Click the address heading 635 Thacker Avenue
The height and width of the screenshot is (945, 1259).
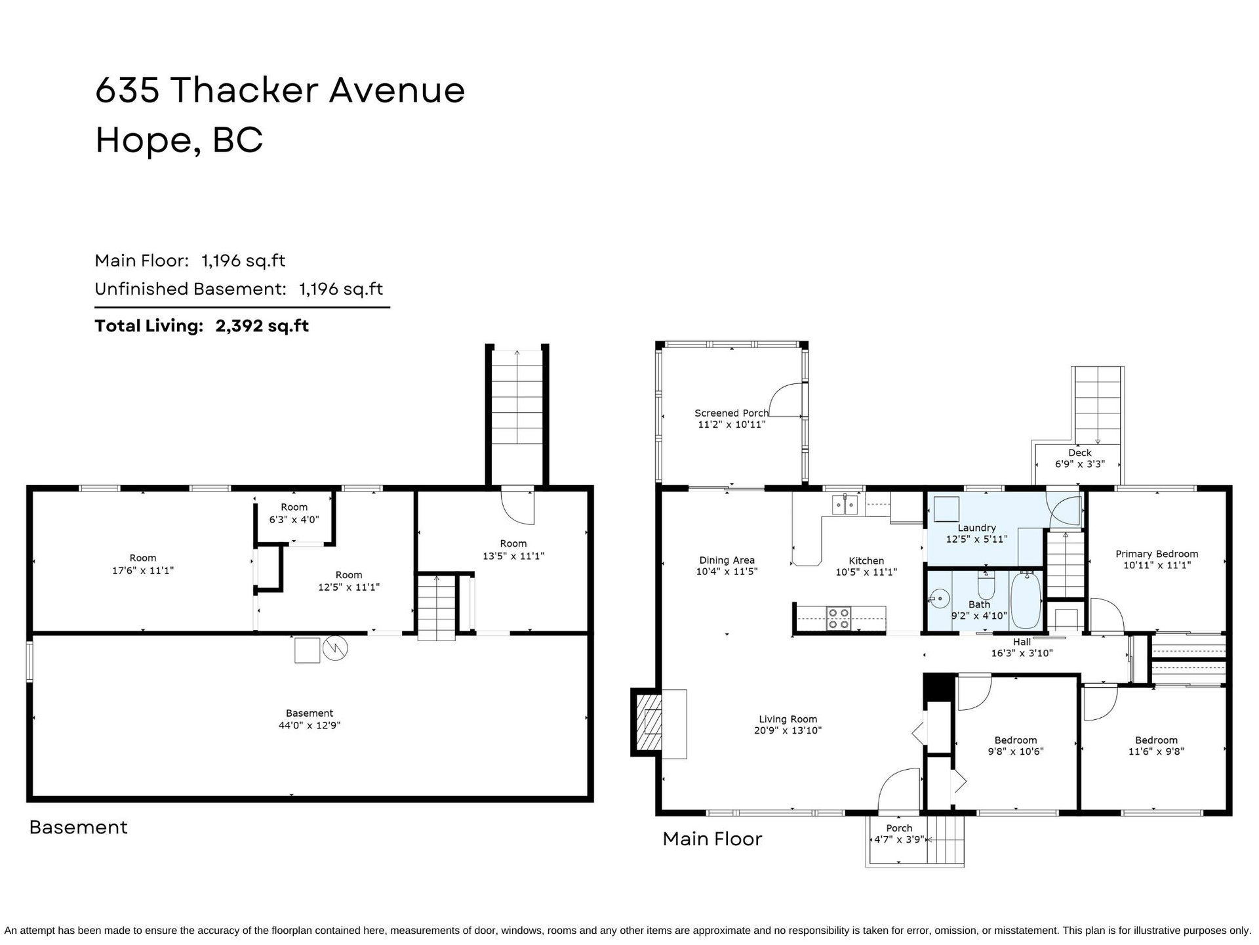pyautogui.click(x=280, y=90)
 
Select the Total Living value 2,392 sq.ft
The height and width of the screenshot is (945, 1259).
pyautogui.click(x=262, y=325)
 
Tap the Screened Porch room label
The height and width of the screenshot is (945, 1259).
pyautogui.click(x=731, y=413)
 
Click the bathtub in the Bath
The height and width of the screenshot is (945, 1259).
pyautogui.click(x=1025, y=600)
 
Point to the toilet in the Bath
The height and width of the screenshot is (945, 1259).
pyautogui.click(x=986, y=583)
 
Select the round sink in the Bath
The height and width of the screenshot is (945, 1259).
pyautogui.click(x=940, y=598)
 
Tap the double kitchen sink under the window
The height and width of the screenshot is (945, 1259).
pyautogui.click(x=845, y=505)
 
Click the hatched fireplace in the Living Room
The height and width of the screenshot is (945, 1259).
pyautogui.click(x=647, y=723)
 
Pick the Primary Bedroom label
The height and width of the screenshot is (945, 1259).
pyautogui.click(x=1157, y=554)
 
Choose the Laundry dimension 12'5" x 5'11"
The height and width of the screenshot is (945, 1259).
pyautogui.click(x=976, y=539)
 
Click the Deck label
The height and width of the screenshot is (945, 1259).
pyautogui.click(x=1079, y=453)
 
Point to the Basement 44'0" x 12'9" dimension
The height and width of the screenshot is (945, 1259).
pyautogui.click(x=310, y=725)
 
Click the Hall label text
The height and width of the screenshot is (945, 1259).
pyautogui.click(x=1022, y=642)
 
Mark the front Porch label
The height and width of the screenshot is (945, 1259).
pyautogui.click(x=899, y=828)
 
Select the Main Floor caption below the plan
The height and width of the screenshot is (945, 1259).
pyautogui.click(x=712, y=839)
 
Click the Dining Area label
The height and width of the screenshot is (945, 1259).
pyautogui.click(x=727, y=560)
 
